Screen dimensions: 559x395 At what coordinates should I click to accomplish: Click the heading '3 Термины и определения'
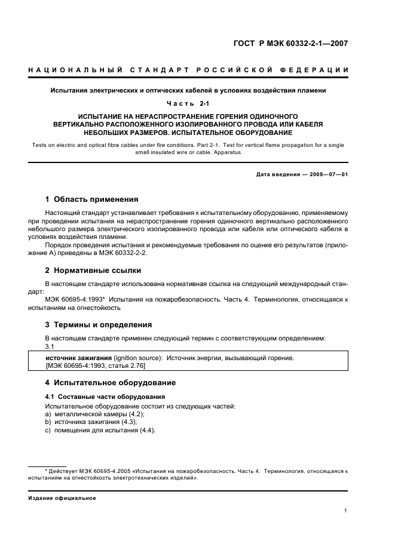pos(99,325)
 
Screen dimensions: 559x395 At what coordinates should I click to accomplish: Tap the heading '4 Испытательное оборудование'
pos(111,382)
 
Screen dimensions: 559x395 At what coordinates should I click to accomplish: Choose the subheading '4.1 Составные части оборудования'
pos(97,397)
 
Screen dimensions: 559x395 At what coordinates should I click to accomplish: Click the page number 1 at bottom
pos(346,511)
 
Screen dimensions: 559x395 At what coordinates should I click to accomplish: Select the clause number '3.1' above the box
pos(50,346)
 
